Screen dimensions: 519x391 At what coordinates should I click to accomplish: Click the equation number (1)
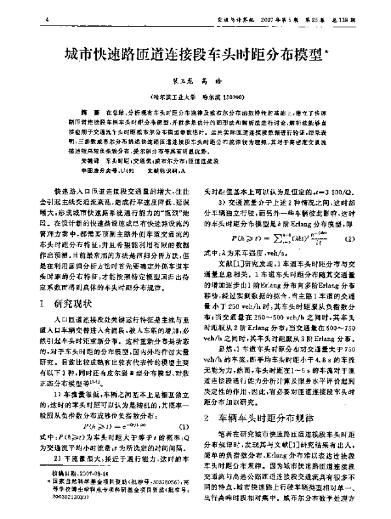coord(184,424)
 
